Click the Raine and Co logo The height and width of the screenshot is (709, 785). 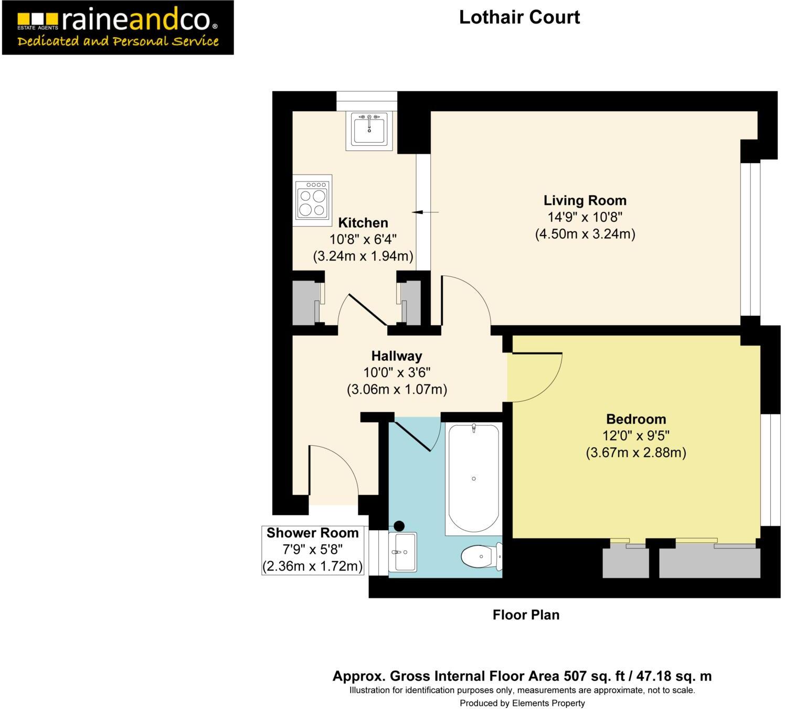pyautogui.click(x=118, y=27)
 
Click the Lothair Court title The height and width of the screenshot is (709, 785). pyautogui.click(x=519, y=17)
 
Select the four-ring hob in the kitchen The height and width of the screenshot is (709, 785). pyautogui.click(x=312, y=200)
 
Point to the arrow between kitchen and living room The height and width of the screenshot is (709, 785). pyautogui.click(x=425, y=212)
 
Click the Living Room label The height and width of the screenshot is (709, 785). pyautogui.click(x=585, y=200)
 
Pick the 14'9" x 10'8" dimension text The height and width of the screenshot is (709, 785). pyautogui.click(x=585, y=217)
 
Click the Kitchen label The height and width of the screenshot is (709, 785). pyautogui.click(x=363, y=222)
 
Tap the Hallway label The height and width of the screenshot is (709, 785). pyautogui.click(x=396, y=356)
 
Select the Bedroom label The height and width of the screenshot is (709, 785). pyautogui.click(x=635, y=419)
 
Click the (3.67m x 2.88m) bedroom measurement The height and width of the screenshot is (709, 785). pyautogui.click(x=635, y=453)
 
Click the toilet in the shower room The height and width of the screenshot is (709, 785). pyautogui.click(x=480, y=556)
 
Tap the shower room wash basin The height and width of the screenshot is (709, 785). pyautogui.click(x=402, y=552)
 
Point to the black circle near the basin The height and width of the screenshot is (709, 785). pyautogui.click(x=399, y=525)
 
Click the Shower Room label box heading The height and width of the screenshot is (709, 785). pyautogui.click(x=312, y=533)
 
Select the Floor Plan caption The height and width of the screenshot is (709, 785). pyautogui.click(x=526, y=615)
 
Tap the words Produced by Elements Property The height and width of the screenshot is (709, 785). pyautogui.click(x=522, y=703)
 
